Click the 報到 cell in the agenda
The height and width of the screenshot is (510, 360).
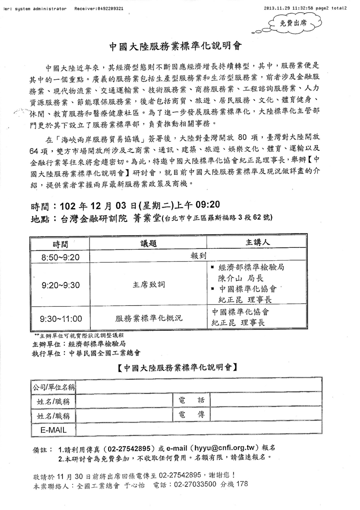tap(198, 256)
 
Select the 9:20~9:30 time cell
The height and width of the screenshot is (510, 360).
tap(61, 285)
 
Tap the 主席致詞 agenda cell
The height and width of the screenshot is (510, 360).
tap(148, 285)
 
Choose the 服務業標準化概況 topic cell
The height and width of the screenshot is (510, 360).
tap(148, 319)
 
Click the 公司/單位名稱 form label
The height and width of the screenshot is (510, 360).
tap(53, 387)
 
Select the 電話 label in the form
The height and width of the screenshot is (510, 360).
tap(191, 401)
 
